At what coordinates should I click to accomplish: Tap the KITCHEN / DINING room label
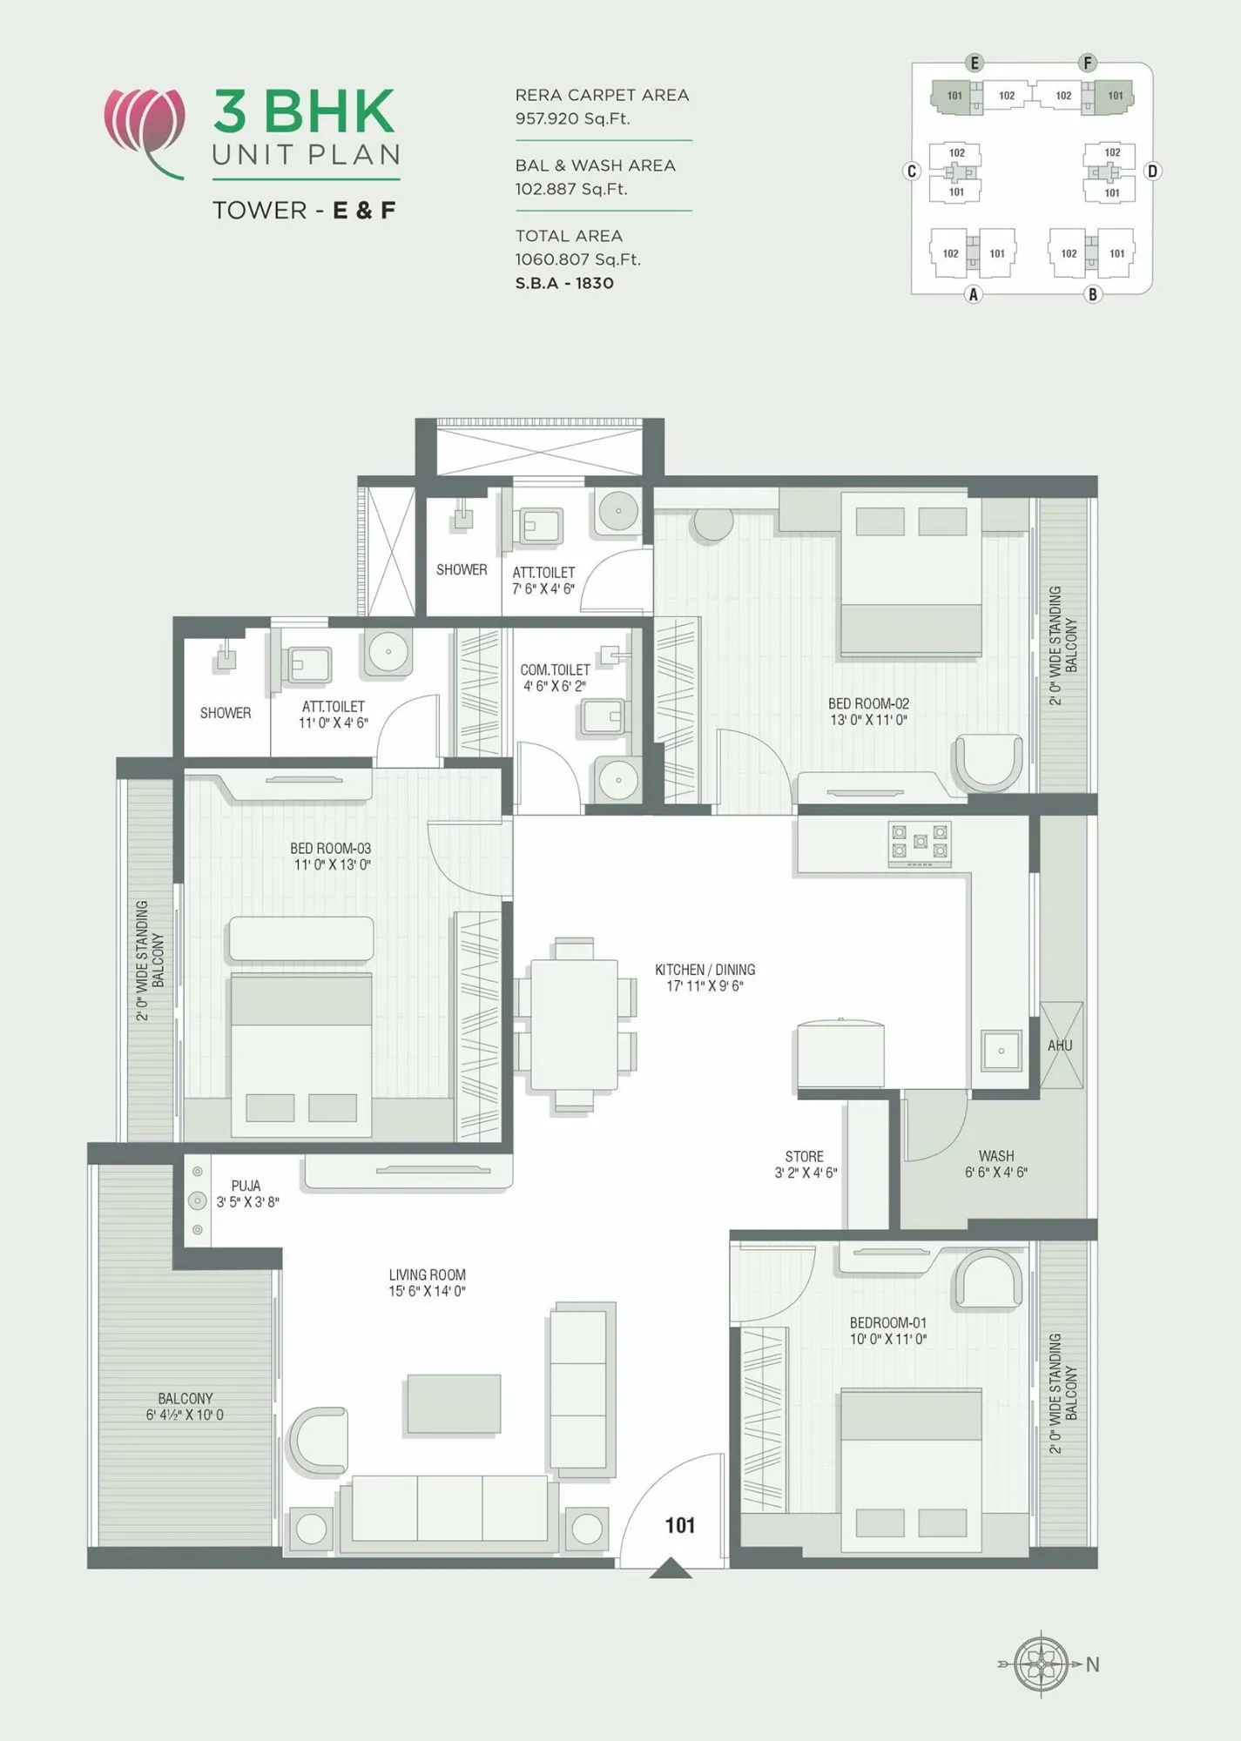(705, 970)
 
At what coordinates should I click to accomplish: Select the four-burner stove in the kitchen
(919, 844)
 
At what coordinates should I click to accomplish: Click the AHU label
(1060, 1045)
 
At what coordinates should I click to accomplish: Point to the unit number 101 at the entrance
(680, 1525)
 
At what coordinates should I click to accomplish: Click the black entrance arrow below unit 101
(671, 1569)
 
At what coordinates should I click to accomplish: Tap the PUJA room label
(246, 1186)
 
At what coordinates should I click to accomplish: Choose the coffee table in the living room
(454, 1403)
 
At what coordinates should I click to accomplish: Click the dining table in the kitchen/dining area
(574, 1025)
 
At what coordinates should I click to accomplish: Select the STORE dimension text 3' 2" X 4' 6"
(806, 1173)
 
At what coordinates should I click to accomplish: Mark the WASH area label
(995, 1156)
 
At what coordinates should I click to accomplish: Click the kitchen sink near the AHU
(1002, 1051)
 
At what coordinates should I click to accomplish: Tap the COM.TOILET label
(555, 669)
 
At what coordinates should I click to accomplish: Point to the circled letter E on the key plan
(975, 63)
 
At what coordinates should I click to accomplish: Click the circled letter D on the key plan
(1152, 171)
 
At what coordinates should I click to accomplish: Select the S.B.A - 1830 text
(564, 283)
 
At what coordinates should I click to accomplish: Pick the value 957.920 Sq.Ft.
(572, 118)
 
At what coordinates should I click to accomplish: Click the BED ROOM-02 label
(868, 703)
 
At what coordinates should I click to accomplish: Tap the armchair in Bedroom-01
(988, 1281)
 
